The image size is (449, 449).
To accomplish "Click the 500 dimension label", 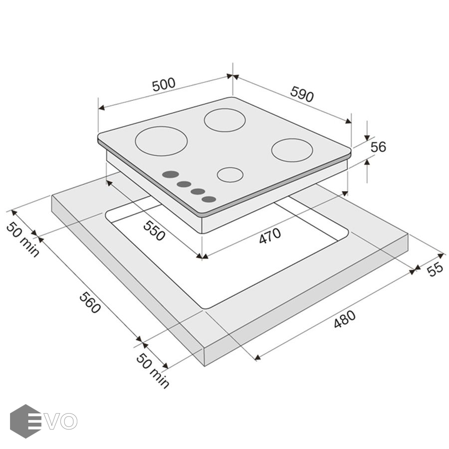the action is (164, 84).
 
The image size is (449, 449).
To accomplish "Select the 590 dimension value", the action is (302, 94).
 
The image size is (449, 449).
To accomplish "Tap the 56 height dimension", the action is (378, 147).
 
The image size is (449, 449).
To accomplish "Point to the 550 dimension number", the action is (154, 231).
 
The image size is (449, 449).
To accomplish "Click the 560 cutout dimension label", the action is (90, 303).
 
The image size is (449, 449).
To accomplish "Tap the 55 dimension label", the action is (435, 270).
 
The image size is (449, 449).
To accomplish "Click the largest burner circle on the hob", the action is (162, 141).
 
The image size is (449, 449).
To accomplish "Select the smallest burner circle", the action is (230, 175).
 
